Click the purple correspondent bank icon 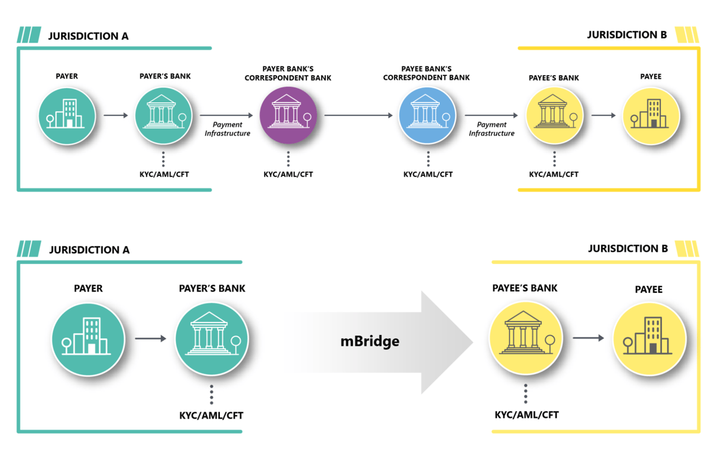(288, 115)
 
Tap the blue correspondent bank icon (427, 115)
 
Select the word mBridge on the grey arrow (369, 341)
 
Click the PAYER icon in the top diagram (67, 116)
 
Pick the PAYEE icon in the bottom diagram (649, 339)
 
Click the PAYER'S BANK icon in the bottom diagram (212, 339)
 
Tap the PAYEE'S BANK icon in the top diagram (554, 115)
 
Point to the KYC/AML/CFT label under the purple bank (288, 174)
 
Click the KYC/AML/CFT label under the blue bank (428, 174)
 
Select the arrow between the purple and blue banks (358, 115)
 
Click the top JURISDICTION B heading (626, 35)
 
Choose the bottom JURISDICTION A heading (89, 250)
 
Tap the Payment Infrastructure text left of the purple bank (228, 129)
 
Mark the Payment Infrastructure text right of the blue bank (492, 129)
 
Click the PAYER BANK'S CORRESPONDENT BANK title (288, 73)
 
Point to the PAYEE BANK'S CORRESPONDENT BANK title (426, 73)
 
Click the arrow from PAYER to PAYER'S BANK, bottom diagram (150, 339)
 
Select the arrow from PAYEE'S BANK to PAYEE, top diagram (603, 115)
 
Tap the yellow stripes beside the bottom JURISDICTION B (688, 248)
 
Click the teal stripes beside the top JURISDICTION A (29, 35)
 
